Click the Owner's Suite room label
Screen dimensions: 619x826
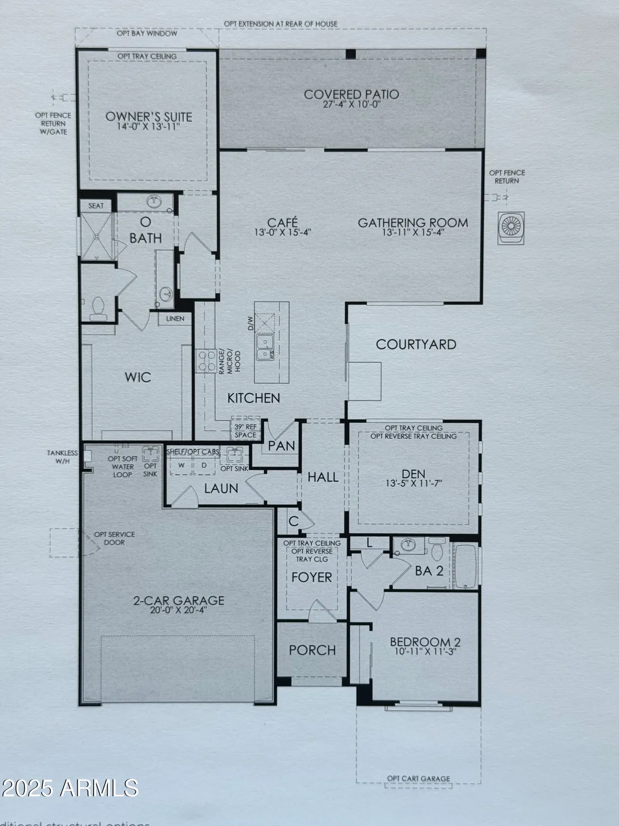click(x=149, y=116)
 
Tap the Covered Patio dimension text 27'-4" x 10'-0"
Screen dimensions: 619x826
click(x=352, y=105)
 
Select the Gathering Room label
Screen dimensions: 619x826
click(x=413, y=222)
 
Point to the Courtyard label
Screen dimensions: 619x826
click(x=416, y=345)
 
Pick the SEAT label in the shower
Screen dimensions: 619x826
click(x=96, y=205)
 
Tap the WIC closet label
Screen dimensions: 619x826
click(x=138, y=378)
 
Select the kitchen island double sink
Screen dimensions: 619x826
click(x=266, y=347)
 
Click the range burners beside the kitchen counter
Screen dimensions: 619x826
click(x=206, y=361)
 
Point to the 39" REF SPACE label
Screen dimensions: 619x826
click(x=245, y=431)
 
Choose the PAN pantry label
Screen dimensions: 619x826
click(x=282, y=445)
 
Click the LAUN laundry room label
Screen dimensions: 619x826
click(x=221, y=488)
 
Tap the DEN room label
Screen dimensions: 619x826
click(x=413, y=474)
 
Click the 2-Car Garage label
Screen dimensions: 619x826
click(x=178, y=600)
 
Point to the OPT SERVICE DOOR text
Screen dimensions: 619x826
click(x=114, y=538)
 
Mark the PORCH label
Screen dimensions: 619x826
click(x=312, y=650)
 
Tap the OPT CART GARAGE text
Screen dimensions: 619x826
click(x=418, y=779)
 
